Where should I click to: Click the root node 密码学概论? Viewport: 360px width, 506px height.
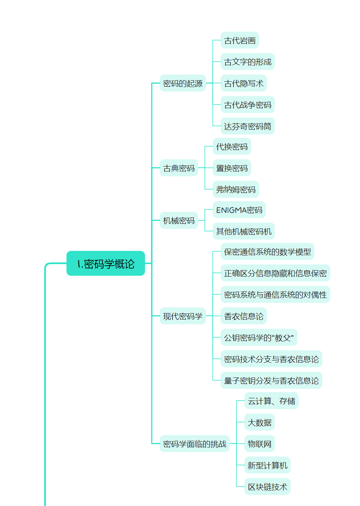coord(105,263)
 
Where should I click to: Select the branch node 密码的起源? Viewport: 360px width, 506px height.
coord(183,83)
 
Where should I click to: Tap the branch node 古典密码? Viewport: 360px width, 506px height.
coord(179,168)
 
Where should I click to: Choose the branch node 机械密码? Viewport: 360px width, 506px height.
coord(179,220)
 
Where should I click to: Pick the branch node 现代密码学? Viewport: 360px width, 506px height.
coord(183,316)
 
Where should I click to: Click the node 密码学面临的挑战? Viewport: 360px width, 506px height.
coord(194,444)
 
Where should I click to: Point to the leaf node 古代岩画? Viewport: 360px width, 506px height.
coord(240,40)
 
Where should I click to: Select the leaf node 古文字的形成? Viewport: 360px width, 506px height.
coord(247,62)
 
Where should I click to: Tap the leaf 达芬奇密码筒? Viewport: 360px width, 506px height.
coord(247,126)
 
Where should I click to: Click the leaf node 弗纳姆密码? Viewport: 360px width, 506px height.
coord(236,190)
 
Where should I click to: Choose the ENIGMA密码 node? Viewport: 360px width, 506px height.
coord(239,210)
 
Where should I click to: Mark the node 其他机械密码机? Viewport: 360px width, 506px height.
coord(244,231)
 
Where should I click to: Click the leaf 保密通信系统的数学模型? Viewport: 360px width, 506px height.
coord(267,252)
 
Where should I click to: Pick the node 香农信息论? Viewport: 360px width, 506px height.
coord(244,316)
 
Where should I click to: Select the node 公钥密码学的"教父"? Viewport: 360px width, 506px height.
coord(259,338)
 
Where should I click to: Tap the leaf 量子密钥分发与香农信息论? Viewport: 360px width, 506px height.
coord(271,381)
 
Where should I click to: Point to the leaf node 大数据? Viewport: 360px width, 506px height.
coord(259,422)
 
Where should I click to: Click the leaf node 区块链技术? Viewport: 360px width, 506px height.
coord(267,487)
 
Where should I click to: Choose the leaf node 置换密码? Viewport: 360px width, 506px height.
coord(232,168)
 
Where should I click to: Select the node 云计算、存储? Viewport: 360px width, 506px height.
coord(271,401)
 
